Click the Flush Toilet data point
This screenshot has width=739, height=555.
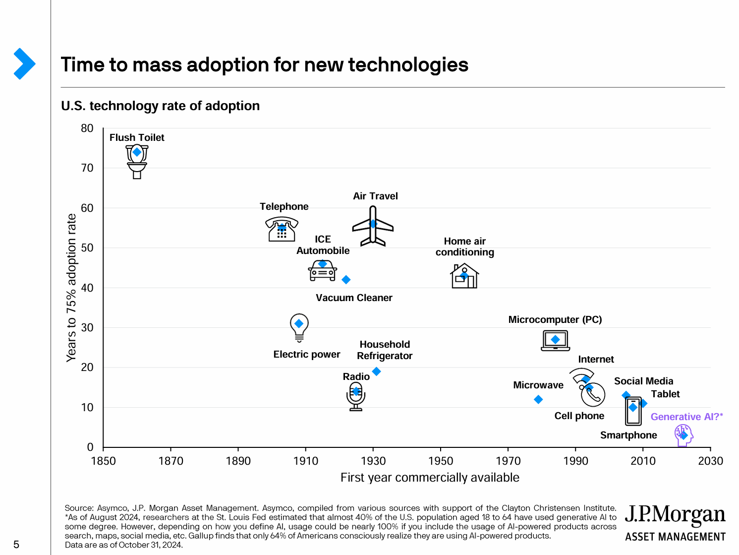137,152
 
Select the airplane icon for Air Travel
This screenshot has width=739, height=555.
373,226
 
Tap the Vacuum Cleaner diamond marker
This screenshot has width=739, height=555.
346,280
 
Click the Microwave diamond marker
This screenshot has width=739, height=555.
538,399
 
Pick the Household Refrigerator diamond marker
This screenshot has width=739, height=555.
376,371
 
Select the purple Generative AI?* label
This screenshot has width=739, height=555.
686,417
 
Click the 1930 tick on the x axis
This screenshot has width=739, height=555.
373,461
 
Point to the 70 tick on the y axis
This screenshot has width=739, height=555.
87,168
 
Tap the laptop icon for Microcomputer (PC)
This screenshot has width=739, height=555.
555,341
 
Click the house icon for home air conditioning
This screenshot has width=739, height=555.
464,276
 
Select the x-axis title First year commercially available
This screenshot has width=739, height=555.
430,478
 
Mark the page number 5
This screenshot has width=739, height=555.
16,545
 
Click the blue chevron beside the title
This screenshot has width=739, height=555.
24,63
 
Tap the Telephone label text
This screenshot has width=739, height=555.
284,206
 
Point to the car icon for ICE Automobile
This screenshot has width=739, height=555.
323,271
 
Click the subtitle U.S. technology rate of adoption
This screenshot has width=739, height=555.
160,106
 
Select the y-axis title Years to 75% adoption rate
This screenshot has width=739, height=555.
72,288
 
